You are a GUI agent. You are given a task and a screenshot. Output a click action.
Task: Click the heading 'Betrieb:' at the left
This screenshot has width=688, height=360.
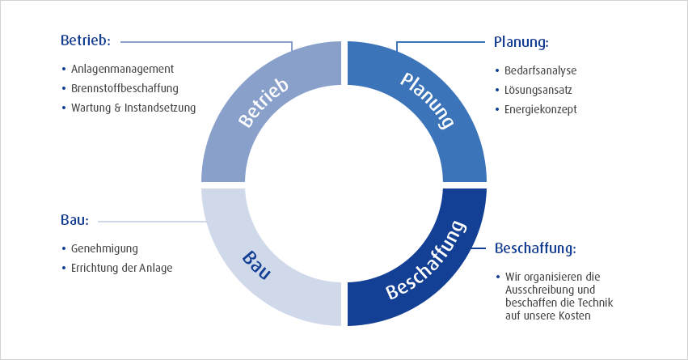86,40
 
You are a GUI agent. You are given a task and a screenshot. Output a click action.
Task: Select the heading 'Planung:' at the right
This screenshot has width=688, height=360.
521,43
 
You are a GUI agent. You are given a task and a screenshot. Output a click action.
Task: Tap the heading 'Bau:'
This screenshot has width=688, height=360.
74,220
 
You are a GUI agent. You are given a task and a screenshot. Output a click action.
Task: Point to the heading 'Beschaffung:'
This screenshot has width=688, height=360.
535,248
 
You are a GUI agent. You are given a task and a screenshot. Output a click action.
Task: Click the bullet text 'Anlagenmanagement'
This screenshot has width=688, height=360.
122,70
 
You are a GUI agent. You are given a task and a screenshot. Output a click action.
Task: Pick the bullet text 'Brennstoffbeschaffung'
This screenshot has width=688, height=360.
125,89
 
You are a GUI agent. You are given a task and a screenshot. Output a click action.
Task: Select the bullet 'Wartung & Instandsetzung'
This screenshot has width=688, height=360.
133,108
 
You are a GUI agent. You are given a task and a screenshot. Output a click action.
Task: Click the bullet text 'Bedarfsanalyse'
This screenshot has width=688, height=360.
541,70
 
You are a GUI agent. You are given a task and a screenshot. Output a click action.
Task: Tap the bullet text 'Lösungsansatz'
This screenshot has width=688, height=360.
538,90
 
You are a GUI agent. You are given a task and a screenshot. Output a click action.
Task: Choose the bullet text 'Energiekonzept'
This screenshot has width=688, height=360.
541,110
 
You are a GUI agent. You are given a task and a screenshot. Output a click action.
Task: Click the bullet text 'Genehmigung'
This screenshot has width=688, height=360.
104,249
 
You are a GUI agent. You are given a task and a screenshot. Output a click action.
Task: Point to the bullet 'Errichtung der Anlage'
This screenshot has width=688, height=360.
121,269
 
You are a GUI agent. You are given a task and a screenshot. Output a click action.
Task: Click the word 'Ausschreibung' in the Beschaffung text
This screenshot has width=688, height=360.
535,290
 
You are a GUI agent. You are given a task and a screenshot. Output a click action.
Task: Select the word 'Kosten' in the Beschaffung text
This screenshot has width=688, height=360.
575,316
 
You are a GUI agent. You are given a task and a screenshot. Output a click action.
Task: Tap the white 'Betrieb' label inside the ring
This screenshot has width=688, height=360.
264,104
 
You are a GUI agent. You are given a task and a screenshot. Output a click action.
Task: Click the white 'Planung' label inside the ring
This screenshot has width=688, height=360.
427,101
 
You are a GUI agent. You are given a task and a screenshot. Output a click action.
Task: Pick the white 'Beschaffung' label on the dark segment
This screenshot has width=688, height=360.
425,260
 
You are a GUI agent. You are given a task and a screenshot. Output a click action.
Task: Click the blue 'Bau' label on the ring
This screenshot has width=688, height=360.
256,265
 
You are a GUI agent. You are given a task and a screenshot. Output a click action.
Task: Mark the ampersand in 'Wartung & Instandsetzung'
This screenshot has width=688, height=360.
117,108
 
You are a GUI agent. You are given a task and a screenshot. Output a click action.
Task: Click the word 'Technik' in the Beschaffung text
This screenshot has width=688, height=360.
595,303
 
